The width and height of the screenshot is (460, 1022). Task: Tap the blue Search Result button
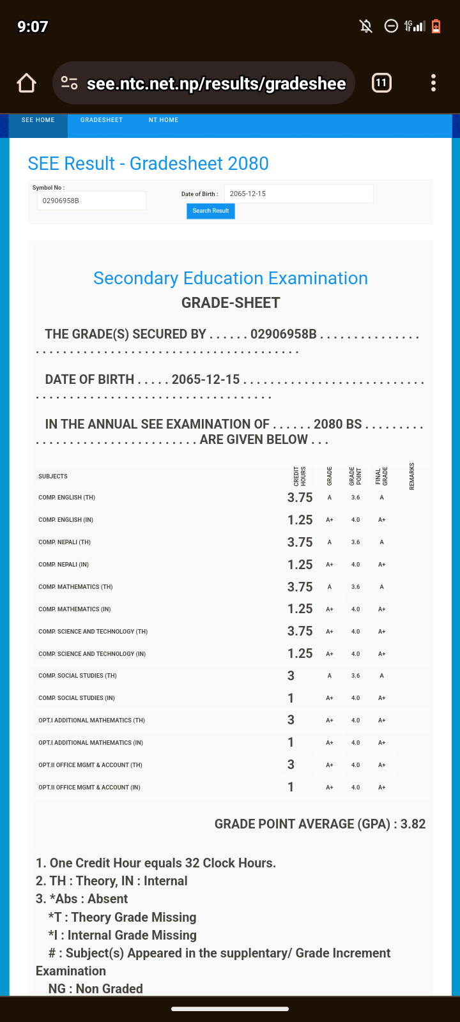pos(210,211)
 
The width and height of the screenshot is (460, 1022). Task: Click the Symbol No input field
pos(91,201)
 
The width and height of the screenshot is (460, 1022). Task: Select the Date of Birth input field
pos(298,194)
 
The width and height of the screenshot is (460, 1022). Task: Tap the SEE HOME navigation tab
pos(38,120)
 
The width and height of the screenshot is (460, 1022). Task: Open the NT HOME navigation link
pos(164,120)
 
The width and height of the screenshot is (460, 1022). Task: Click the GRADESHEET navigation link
pos(102,120)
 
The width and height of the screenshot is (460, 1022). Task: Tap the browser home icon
pos(26,83)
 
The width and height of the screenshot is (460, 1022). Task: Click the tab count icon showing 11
pos(381,83)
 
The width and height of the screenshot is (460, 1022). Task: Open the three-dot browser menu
pos(433,83)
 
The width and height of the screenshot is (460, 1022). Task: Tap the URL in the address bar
pos(216,84)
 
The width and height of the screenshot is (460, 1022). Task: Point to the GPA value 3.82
pos(413,824)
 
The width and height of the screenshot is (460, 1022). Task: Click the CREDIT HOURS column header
pos(300,476)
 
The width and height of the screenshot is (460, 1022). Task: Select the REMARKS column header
pos(412,476)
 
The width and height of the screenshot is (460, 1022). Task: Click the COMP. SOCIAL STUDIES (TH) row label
pos(77,676)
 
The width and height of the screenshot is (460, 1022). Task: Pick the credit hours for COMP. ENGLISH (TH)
pos(300,498)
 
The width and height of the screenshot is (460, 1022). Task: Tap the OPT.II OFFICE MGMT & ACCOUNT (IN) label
pos(89,788)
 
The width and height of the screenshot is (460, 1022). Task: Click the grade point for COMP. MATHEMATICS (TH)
pos(355,587)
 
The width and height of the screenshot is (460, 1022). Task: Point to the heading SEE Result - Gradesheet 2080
pos(148,164)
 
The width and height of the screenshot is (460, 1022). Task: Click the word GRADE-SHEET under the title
pos(231,303)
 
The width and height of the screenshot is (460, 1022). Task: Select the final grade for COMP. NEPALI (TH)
pos(381,542)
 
